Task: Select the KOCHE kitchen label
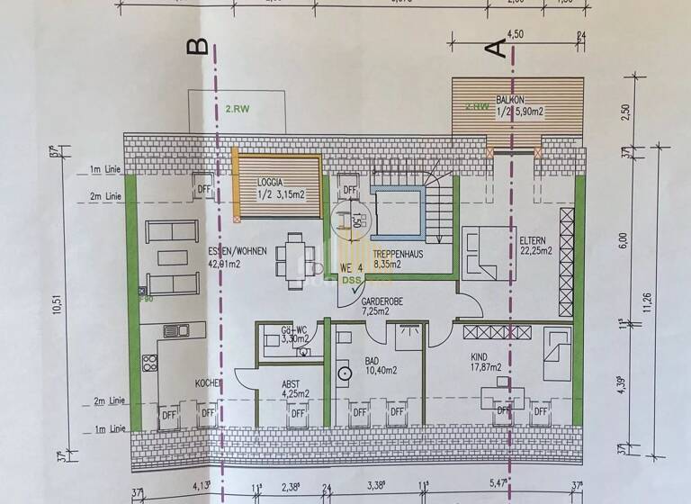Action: [209, 383]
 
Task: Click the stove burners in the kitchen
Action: [149, 365]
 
